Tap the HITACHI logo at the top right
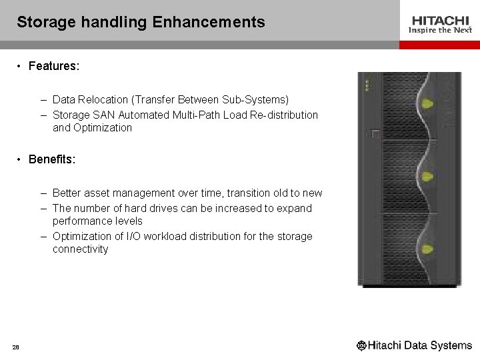(439, 21)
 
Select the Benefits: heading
(53, 160)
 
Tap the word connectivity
(80, 249)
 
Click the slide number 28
(15, 345)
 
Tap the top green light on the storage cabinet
(427, 104)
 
